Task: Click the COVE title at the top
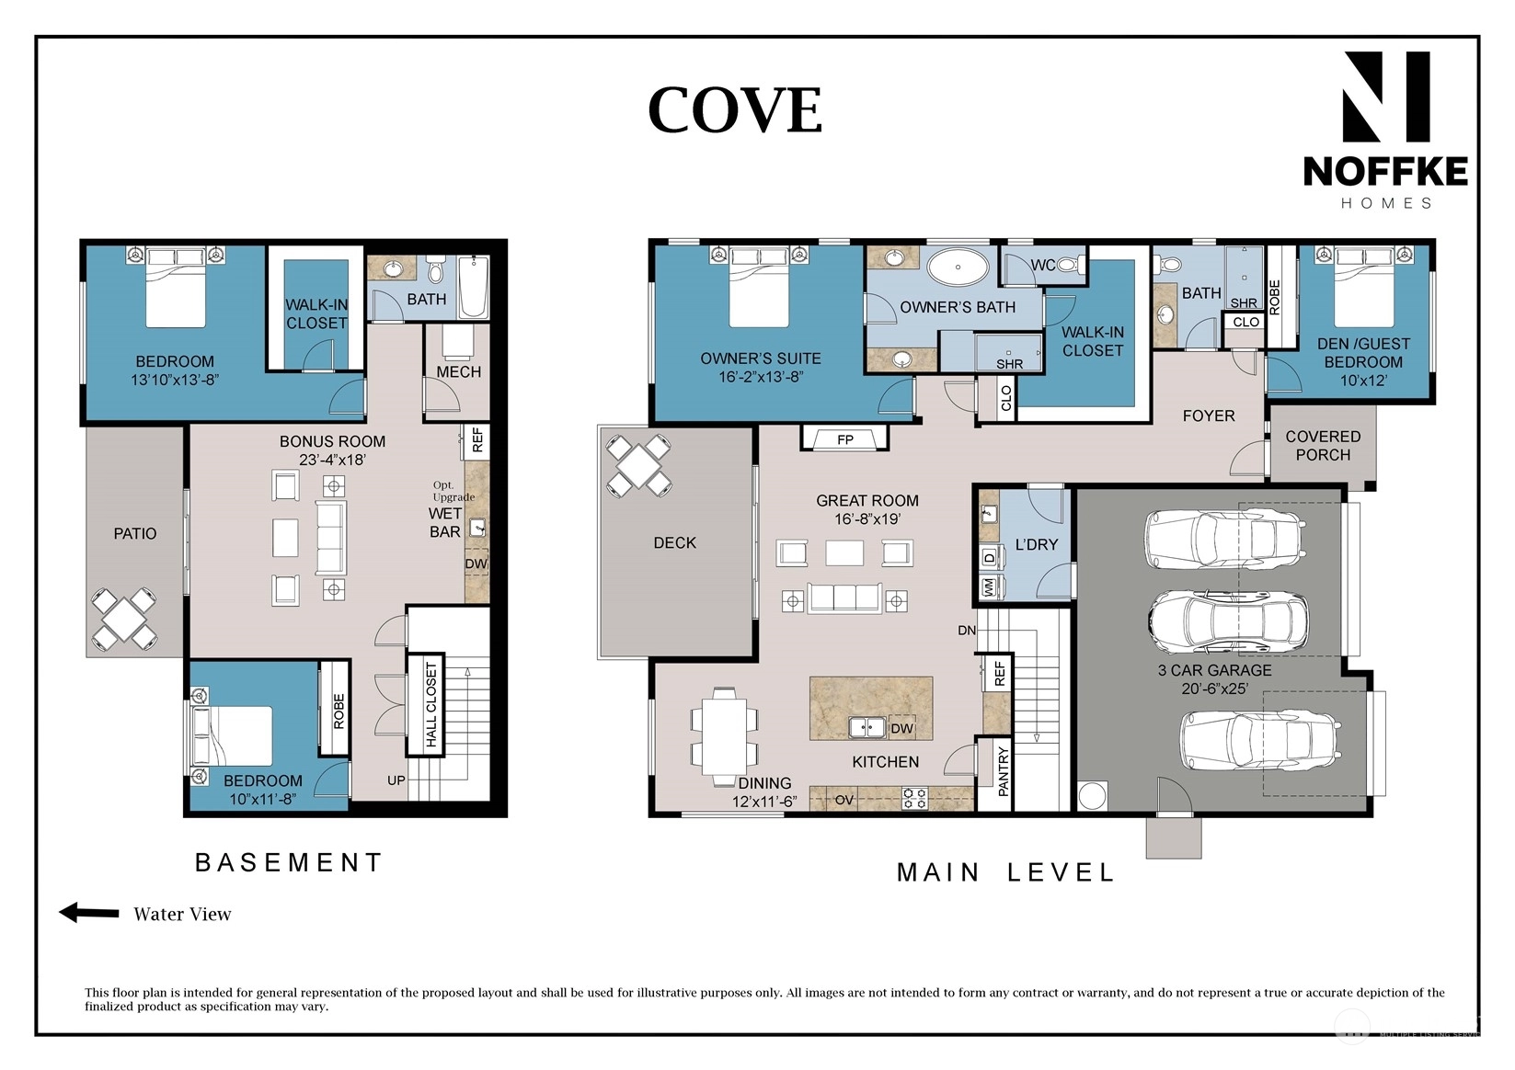(x=735, y=109)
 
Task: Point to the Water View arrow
(x=89, y=913)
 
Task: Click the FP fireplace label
(x=844, y=440)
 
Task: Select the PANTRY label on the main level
(x=1003, y=771)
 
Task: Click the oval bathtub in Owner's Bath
(x=958, y=267)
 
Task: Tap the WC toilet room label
(x=1043, y=266)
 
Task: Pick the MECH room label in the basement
(x=459, y=371)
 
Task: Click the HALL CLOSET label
(x=431, y=704)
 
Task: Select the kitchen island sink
(x=867, y=727)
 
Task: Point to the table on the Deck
(x=638, y=466)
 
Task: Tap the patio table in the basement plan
(x=124, y=620)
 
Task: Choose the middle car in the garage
(x=1228, y=620)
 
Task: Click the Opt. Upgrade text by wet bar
(x=453, y=491)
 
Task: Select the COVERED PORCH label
(x=1323, y=446)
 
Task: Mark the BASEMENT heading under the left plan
(x=289, y=862)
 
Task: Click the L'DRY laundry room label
(x=1036, y=544)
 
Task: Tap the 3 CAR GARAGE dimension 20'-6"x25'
(x=1215, y=689)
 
